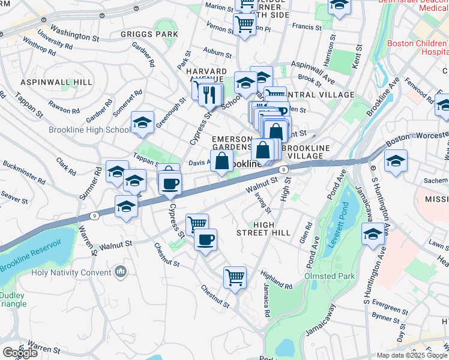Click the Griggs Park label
[149, 34]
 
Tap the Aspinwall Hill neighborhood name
[47, 82]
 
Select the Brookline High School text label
[89, 130]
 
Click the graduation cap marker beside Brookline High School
[142, 123]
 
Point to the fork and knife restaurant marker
[209, 94]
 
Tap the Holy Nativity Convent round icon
[121, 272]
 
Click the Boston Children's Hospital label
[418, 47]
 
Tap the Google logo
[20, 353]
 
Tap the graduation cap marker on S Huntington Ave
[373, 235]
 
